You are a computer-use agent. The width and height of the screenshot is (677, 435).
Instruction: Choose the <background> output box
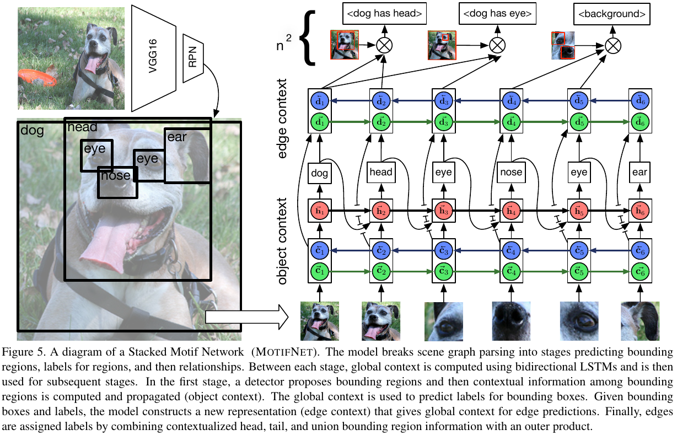tap(611, 14)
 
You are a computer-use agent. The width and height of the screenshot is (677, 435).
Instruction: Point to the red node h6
tap(640, 211)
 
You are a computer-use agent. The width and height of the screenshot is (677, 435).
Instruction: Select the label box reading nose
tap(511, 173)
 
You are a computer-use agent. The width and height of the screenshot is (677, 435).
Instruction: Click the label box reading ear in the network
tap(640, 173)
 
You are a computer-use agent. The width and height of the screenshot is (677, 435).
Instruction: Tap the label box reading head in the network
tap(382, 173)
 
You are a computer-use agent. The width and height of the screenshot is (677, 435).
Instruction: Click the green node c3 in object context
tap(443, 271)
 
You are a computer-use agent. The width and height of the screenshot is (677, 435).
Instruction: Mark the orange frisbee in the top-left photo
tap(36, 77)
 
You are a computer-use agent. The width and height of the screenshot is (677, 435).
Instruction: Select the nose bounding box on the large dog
tap(117, 182)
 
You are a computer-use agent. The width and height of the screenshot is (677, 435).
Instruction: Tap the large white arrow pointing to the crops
tap(246, 317)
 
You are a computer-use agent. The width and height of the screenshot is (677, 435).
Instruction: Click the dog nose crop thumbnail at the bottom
tap(511, 321)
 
